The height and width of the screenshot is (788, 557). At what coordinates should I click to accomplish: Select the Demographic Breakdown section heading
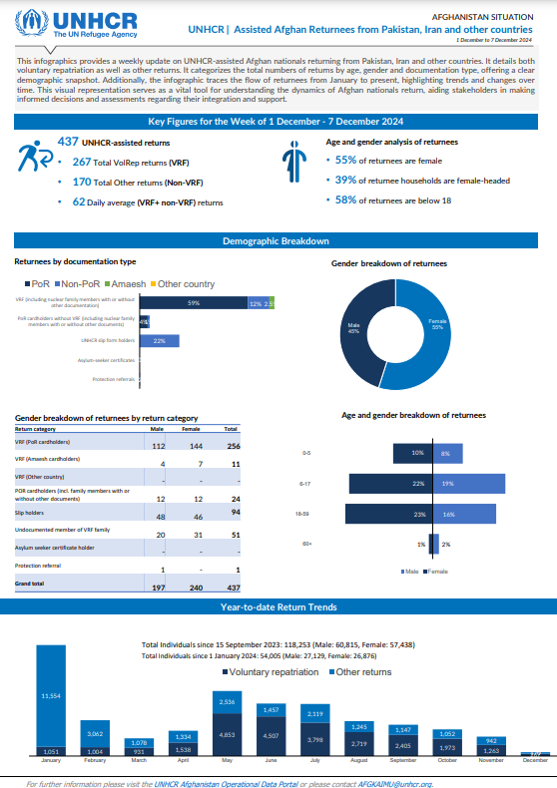coord(278,241)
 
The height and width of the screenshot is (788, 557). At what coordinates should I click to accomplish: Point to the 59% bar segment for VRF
coord(193,303)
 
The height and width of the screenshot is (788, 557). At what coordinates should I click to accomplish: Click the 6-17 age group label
coord(305,483)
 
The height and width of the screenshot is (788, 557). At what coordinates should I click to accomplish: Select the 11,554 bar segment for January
coord(50,693)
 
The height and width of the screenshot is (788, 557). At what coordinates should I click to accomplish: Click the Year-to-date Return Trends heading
coord(278,606)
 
